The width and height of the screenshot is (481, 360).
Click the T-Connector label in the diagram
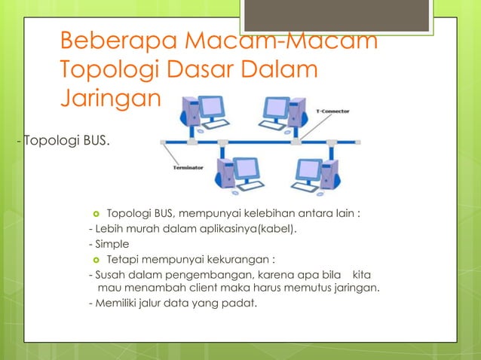[x=332, y=111]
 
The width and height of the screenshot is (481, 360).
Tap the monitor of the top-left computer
[x=212, y=106]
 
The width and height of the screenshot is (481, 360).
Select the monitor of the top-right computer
[x=275, y=108]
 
